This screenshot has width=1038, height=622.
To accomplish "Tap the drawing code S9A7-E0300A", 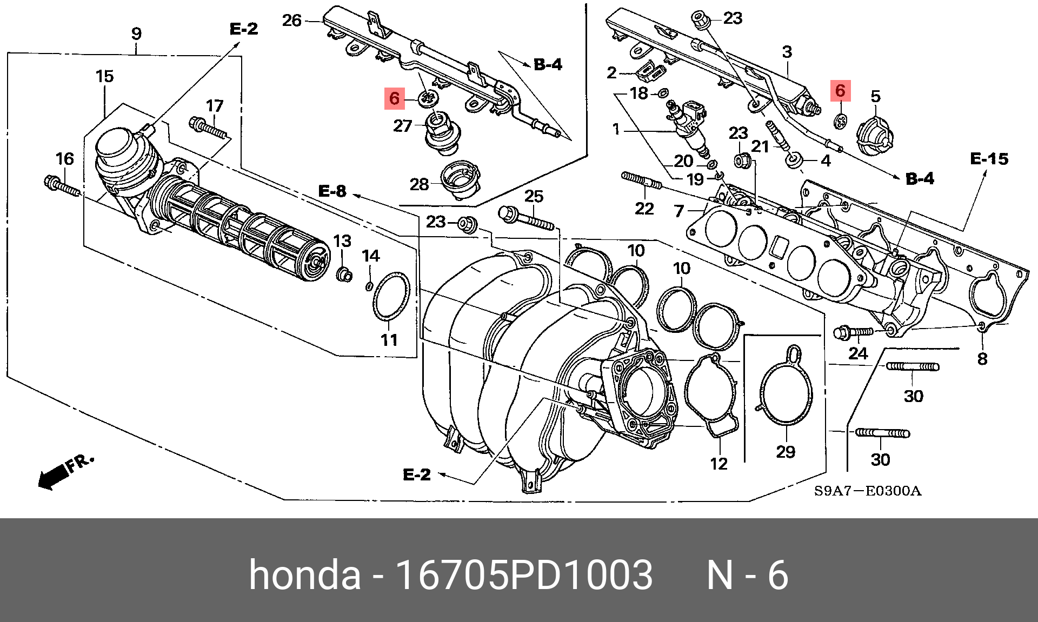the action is [867, 491].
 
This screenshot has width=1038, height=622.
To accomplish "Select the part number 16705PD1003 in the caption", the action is [524, 575].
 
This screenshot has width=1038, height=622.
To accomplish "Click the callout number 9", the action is [136, 34].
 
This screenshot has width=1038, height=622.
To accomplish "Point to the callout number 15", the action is [105, 77].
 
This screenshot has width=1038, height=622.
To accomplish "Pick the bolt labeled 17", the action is [209, 129].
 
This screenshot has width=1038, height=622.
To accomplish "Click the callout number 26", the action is [291, 21].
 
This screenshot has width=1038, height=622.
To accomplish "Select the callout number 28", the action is [419, 185].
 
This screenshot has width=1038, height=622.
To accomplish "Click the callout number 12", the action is [718, 464].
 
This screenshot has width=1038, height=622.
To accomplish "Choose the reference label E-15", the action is [989, 159].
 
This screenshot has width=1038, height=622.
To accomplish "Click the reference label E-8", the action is [332, 191].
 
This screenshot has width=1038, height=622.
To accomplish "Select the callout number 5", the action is [875, 97].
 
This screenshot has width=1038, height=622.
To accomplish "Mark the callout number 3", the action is [787, 52].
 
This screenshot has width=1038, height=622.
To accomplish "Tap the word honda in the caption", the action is [304, 575].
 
